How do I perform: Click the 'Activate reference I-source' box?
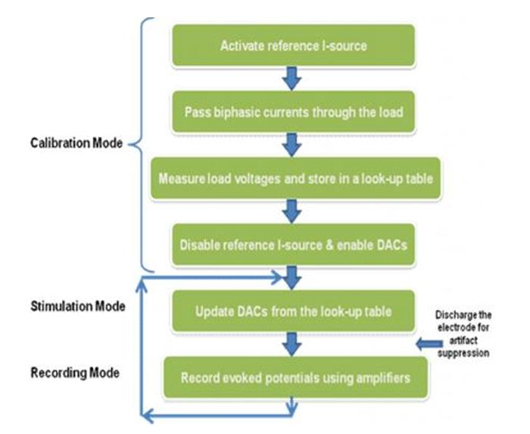tap(294, 46)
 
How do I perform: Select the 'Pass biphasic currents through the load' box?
tap(294, 112)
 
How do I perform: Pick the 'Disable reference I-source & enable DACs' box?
tap(294, 243)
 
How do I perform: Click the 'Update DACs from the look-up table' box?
tap(294, 311)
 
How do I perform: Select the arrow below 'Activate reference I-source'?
tap(295, 79)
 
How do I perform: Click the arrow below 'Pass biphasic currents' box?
tap(295, 145)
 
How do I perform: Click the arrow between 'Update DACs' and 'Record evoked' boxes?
tap(295, 345)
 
